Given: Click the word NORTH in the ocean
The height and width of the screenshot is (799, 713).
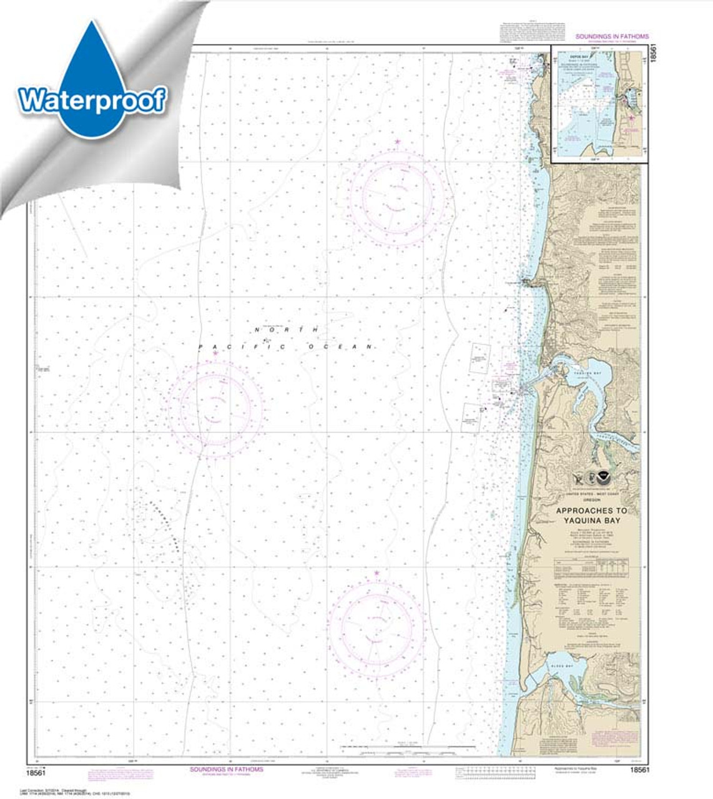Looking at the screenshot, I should pyautogui.click(x=287, y=330).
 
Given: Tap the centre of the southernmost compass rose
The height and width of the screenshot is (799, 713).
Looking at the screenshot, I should pyautogui.click(x=376, y=626).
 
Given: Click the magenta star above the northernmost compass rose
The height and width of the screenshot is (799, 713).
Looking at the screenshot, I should pyautogui.click(x=397, y=142).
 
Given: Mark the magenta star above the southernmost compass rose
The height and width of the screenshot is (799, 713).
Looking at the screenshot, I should pyautogui.click(x=376, y=572).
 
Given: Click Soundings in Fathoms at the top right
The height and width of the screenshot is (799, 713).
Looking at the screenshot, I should pyautogui.click(x=612, y=37).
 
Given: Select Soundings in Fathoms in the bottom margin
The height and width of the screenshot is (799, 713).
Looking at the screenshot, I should pyautogui.click(x=227, y=770).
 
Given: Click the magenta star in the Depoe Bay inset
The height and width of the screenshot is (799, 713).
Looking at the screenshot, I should pyautogui.click(x=631, y=117).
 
